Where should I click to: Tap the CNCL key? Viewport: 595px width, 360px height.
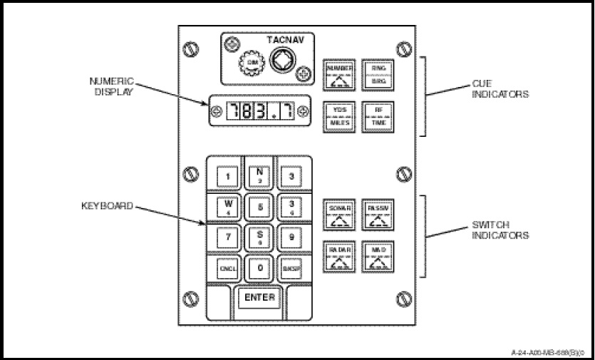227,269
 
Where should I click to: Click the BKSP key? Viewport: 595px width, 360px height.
291,269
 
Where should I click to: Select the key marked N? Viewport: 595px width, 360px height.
259,175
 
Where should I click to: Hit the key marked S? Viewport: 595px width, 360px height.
259,237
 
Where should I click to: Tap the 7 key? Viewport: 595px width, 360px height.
227,237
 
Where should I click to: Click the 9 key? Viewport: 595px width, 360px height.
291,237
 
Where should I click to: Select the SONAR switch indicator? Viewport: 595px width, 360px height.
339,213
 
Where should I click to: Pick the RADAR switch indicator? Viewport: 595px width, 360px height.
339,257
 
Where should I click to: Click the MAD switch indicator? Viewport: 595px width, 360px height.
377,257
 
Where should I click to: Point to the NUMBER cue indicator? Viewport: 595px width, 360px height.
339,73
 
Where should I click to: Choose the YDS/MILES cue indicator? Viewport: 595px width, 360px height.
339,117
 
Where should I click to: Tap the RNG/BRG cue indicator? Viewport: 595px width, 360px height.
377,73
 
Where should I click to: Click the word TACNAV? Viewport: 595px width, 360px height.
286,41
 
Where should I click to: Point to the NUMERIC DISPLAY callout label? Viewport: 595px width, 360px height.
112,86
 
